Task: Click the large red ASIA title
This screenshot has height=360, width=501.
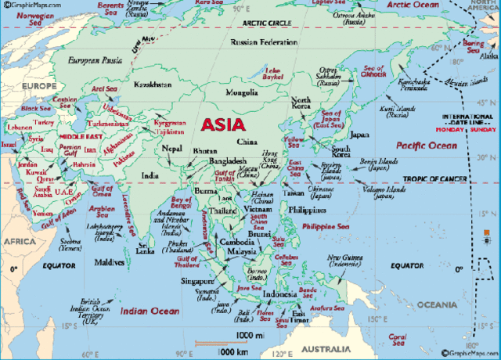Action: tap(223, 124)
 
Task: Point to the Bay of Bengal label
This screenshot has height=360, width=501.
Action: tap(182, 203)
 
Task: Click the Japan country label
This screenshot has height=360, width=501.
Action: tap(359, 135)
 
